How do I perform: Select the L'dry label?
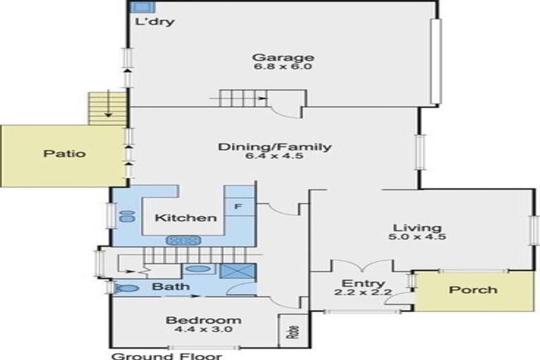pyautogui.click(x=155, y=21)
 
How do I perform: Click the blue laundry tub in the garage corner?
pyautogui.click(x=139, y=6)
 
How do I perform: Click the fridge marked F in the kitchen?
pyautogui.click(x=238, y=207)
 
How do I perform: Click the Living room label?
pyautogui.click(x=417, y=228)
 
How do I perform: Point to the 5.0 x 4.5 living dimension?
pyautogui.click(x=417, y=237)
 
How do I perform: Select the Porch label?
pyautogui.click(x=472, y=289)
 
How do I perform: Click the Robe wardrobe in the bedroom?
pyautogui.click(x=292, y=330)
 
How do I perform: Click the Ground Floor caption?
pyautogui.click(x=167, y=355)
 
